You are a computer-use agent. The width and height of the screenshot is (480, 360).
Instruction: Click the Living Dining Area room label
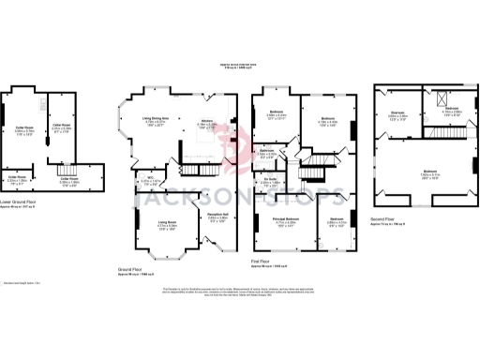click(159, 119)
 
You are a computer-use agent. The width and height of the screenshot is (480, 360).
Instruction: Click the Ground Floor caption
click(135, 268)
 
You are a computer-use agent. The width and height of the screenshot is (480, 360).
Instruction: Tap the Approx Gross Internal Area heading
click(238, 66)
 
